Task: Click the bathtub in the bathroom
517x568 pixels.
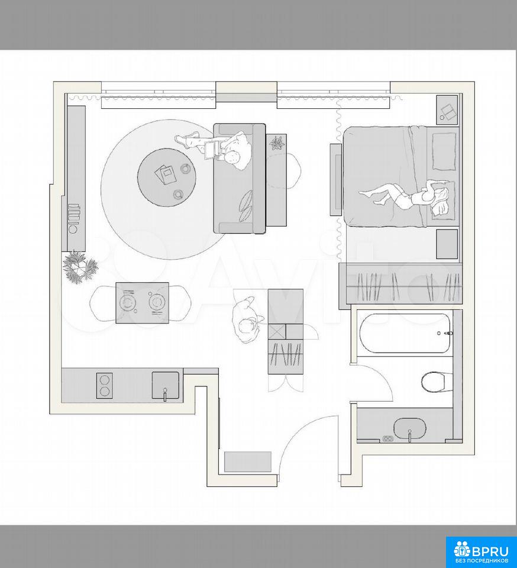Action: coord(405,333)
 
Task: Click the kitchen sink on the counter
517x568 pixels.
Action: coord(166,385)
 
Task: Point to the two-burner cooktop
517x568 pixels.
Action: coord(105,386)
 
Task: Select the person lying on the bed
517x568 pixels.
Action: coord(405,196)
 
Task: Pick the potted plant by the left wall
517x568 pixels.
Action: coord(79,267)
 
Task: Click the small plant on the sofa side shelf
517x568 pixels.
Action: coord(277,143)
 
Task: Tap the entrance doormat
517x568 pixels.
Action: coord(248,461)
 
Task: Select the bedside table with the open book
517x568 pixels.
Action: coord(447,110)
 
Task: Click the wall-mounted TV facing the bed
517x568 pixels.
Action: coord(335,180)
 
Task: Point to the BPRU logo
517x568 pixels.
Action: coord(481,551)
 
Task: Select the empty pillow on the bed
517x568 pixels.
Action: coord(444,151)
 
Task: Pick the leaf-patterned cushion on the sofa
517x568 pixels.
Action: coord(247,205)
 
